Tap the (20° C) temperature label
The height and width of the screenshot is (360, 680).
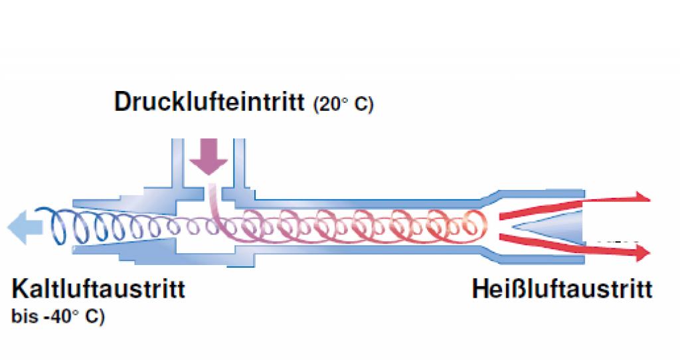point(343,105)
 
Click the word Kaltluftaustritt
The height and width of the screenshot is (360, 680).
point(98,290)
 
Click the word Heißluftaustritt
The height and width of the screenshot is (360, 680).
point(562,290)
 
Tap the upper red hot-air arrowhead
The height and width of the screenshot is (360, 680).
point(640,197)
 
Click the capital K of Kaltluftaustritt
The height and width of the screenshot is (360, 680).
point(19,290)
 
